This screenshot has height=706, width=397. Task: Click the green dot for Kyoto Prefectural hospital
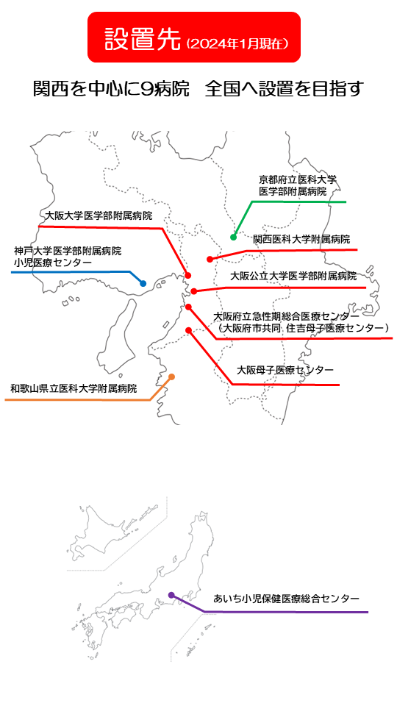pos(233,238)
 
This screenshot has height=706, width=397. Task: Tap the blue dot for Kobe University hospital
pos(143,284)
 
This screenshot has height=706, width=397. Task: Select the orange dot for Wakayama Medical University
pos(171,377)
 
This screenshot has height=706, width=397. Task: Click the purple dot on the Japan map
pos(171,595)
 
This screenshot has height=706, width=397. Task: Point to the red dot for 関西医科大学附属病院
pos(210,259)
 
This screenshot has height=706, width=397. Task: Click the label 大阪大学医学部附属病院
pos(99,215)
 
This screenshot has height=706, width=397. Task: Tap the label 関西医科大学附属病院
pos(301,238)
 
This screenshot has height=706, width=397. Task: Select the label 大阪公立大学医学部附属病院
pos(293,276)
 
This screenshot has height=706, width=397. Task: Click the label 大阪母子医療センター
pos(285,370)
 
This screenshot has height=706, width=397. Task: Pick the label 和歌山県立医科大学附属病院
pos(74,388)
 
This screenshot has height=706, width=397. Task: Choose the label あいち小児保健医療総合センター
pos(286,599)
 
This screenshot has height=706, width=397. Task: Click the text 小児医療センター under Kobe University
pos(53,263)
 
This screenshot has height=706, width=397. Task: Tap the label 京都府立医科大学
pos(298,179)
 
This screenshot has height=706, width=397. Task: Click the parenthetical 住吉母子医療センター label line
pos(301,327)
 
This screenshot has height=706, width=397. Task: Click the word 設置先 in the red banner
pos(143,39)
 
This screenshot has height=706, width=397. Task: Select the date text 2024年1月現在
pos(237,43)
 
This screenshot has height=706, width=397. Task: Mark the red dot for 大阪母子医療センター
pos(189,330)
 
